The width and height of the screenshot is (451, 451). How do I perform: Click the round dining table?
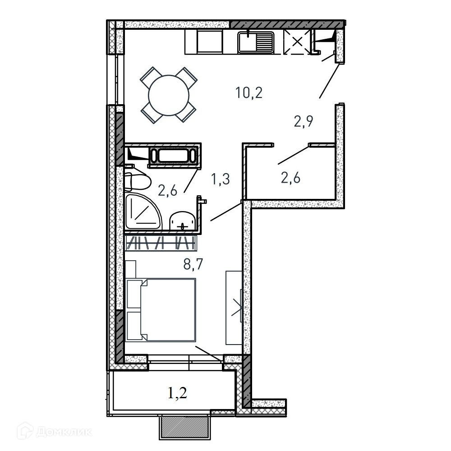[x=169, y=95]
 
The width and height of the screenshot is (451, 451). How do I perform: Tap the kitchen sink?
[x=256, y=42]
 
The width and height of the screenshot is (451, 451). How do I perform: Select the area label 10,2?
[x=249, y=93]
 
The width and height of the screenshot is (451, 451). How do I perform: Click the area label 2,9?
[x=304, y=121]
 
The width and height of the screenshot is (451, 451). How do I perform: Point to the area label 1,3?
[x=221, y=179]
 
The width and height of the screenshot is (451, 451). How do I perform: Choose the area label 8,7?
[x=193, y=264]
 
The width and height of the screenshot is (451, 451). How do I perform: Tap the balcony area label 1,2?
[x=177, y=393]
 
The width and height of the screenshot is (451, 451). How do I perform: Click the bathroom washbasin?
[x=183, y=221]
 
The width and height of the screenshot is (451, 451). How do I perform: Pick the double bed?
[x=161, y=310]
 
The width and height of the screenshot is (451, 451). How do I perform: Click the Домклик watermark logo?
[x=54, y=432]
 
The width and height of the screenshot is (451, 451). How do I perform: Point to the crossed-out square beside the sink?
[x=297, y=42]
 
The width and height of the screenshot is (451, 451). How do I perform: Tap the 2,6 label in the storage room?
[x=290, y=178]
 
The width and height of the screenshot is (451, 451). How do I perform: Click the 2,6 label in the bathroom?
[x=167, y=190]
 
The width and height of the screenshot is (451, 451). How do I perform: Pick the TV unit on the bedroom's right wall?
[x=234, y=308]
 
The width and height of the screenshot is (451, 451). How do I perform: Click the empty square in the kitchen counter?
[x=210, y=41]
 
